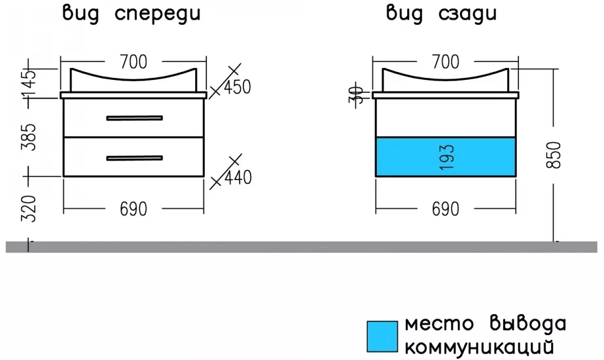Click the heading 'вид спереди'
pyautogui.click(x=132, y=14)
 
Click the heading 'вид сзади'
pyautogui.click(x=442, y=14)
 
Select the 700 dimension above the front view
pyautogui.click(x=133, y=62)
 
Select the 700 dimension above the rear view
pyautogui.click(x=445, y=62)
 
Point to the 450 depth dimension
pyautogui.click(x=238, y=87)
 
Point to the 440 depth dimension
pyautogui.click(x=238, y=177)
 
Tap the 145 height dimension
pyautogui.click(x=29, y=83)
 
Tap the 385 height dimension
pyautogui.click(x=29, y=137)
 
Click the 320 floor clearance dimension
pyautogui.click(x=29, y=209)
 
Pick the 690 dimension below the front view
pyautogui.click(x=133, y=209)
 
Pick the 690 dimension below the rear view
pyautogui.click(x=445, y=209)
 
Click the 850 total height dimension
pyautogui.click(x=554, y=155)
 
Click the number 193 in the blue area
pyautogui.click(x=446, y=157)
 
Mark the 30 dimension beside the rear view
pyautogui.click(x=356, y=95)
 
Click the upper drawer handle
pyautogui.click(x=134, y=118)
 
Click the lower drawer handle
pyautogui.click(x=134, y=158)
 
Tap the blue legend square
pyautogui.click(x=382, y=336)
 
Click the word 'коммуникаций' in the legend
pyautogui.click(x=479, y=348)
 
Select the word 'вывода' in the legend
pyautogui.click(x=527, y=324)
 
